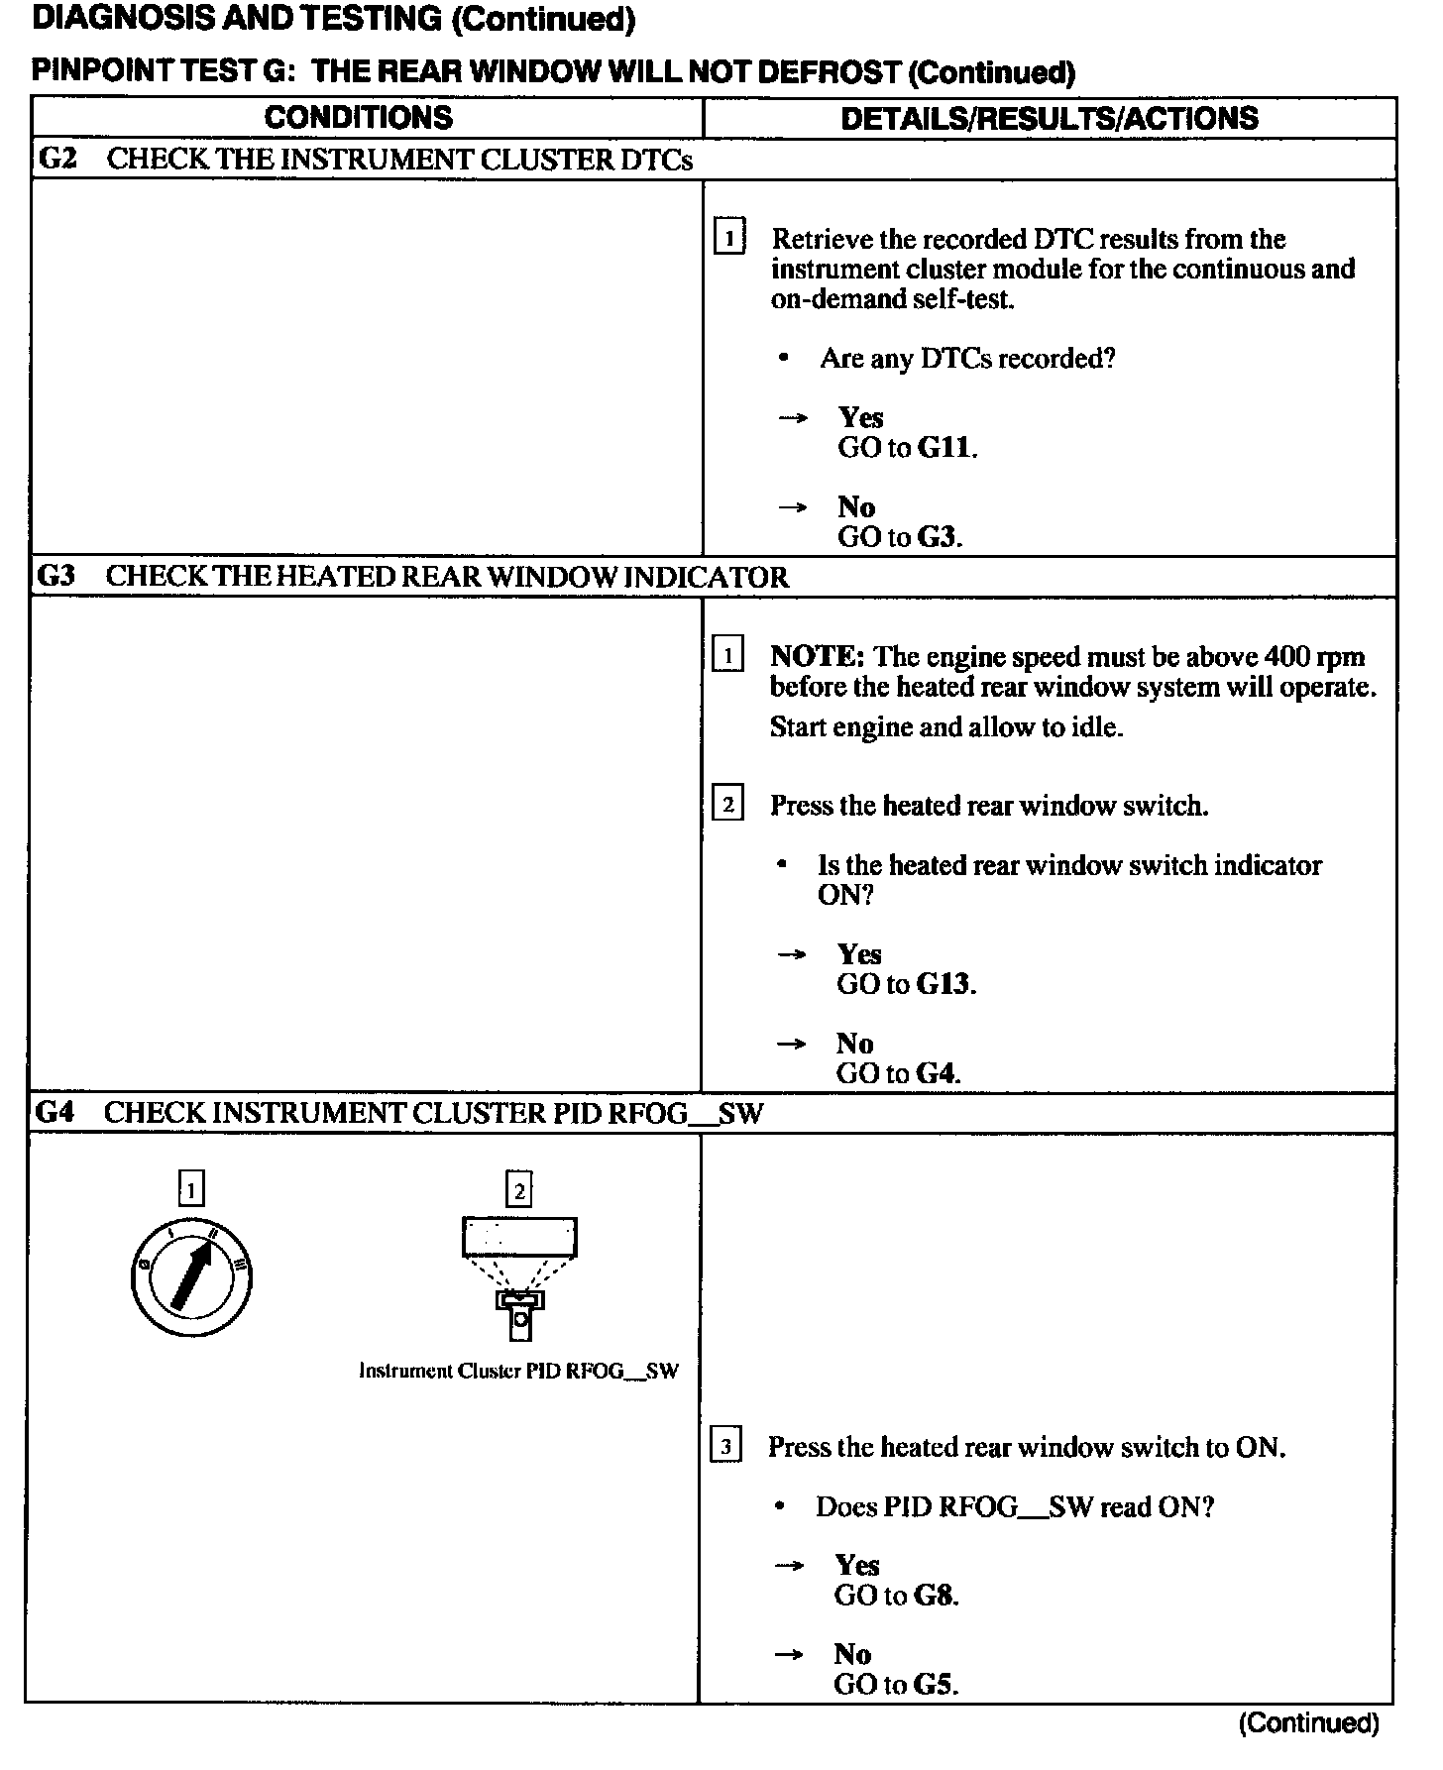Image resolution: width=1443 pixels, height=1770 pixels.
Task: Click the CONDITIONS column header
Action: [358, 118]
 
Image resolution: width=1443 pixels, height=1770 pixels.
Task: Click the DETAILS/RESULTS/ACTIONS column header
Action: [1049, 119]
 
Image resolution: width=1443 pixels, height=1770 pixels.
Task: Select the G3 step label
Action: [55, 577]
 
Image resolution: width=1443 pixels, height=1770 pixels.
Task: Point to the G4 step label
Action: [55, 1113]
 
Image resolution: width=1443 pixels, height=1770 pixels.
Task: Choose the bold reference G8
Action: [936, 1596]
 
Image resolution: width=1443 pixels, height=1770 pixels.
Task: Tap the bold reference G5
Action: [935, 1685]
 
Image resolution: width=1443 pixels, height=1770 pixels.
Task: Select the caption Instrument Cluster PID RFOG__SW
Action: [518, 1372]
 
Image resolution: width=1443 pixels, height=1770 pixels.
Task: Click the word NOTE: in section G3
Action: [818, 657]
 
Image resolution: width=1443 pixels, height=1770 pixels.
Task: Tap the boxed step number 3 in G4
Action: [725, 1448]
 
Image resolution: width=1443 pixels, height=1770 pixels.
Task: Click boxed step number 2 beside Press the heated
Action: [727, 805]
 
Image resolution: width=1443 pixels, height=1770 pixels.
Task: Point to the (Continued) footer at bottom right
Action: [1308, 1723]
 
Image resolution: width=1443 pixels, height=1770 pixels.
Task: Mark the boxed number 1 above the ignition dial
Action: [191, 1188]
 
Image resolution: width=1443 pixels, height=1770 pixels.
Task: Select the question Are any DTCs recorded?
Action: [967, 359]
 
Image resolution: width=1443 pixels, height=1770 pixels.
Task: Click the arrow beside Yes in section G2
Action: [793, 418]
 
